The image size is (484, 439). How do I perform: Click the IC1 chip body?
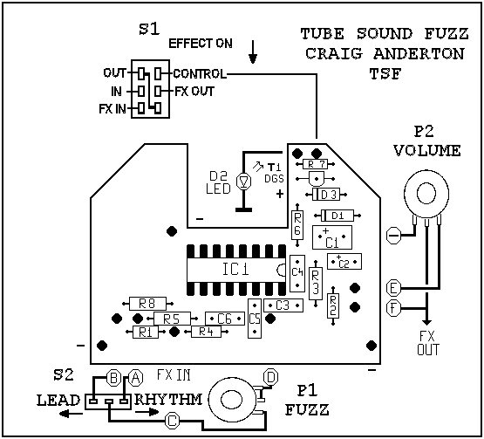pyautogui.click(x=236, y=270)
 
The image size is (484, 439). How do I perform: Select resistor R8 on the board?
pyautogui.click(x=147, y=304)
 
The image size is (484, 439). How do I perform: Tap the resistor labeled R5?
pyautogui.click(x=173, y=319)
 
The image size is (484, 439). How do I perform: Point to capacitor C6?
pyautogui.click(x=225, y=319)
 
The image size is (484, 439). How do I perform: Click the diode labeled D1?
pyautogui.click(x=337, y=216)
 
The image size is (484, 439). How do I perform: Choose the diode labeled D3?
pyautogui.click(x=326, y=195)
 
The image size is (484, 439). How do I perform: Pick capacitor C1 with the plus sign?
pyautogui.click(x=332, y=237)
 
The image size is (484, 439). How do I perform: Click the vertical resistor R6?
pyautogui.click(x=297, y=225)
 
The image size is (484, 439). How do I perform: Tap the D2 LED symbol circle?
pyautogui.click(x=244, y=182)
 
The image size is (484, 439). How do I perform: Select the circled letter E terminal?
pyautogui.click(x=393, y=288)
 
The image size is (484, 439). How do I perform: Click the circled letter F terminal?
pyautogui.click(x=393, y=308)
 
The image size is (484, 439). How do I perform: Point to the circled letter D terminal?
pyautogui.click(x=270, y=377)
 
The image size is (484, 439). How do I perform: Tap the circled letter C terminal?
pyautogui.click(x=173, y=421)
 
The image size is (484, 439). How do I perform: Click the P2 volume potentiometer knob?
pyautogui.click(x=426, y=194)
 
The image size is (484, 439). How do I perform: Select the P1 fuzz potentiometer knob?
pyautogui.click(x=233, y=400)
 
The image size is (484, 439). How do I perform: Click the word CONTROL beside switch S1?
pyautogui.click(x=200, y=74)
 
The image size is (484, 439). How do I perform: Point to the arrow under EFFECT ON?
pyautogui.click(x=253, y=51)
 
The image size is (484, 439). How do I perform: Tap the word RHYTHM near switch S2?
pyautogui.click(x=168, y=400)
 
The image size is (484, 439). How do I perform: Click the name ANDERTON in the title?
pyautogui.click(x=419, y=54)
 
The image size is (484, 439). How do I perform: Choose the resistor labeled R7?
pyautogui.click(x=315, y=164)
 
